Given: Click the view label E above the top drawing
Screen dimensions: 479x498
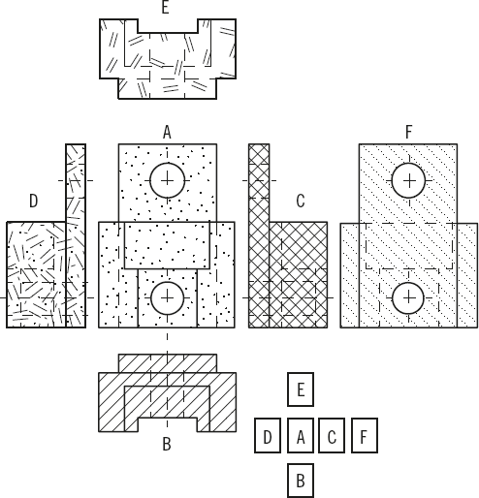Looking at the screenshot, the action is coord(166,7).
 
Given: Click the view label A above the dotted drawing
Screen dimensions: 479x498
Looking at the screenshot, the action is coord(167,132).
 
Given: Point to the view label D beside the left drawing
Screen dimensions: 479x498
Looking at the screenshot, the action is coord(33,201).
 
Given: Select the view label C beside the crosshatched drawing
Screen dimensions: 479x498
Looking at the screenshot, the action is coord(301,201).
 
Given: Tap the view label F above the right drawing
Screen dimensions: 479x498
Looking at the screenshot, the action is coord(409,132).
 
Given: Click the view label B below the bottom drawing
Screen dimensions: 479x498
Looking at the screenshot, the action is coord(167,444).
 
